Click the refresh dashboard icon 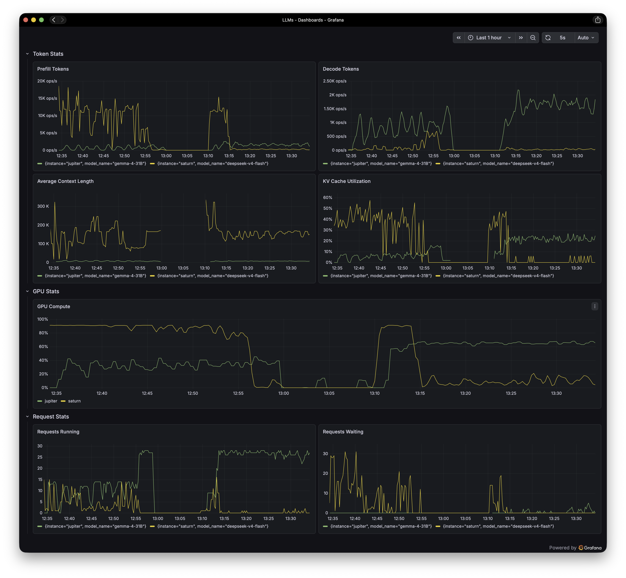pos(548,37)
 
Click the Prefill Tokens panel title pos(53,69)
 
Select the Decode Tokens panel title pos(341,69)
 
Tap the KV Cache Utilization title pos(347,181)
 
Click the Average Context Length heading pos(65,181)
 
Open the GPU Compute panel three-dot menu pos(595,306)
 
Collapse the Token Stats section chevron pos(27,54)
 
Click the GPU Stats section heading pos(46,291)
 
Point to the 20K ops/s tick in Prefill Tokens pos(47,81)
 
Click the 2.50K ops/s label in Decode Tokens pos(335,81)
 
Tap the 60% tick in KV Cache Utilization pos(328,198)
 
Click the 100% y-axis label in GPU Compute pos(43,319)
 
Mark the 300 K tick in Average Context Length pos(43,206)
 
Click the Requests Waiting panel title pos(343,432)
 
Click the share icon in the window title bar pos(598,20)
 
